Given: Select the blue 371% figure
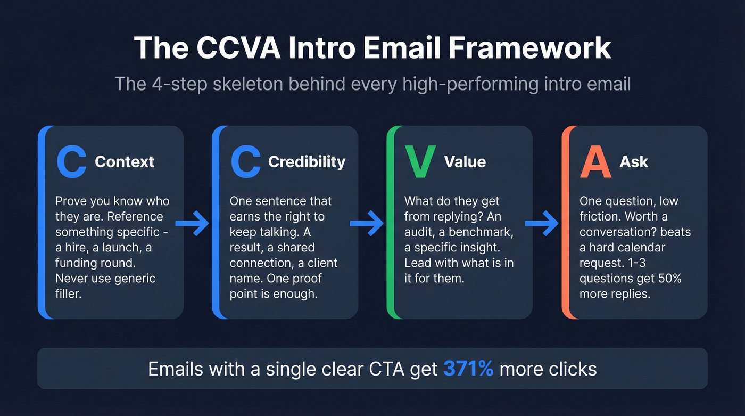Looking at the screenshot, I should coord(468,369).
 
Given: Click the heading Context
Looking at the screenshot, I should coord(125,161).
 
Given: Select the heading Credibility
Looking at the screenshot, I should coord(307,161).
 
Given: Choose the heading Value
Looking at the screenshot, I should coord(465,161).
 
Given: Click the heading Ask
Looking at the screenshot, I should coord(634,161).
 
